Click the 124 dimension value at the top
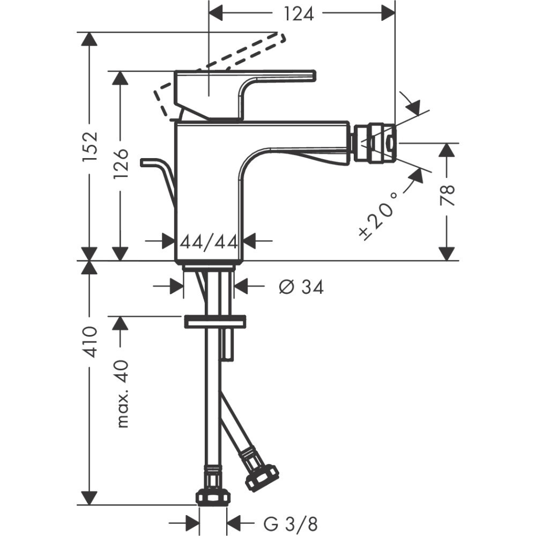pos(299,14)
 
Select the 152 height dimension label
pos(90,146)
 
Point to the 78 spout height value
pos(448,196)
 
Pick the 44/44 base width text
pos(209,242)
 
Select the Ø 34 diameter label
pos(301,288)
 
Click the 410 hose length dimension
pos(90,341)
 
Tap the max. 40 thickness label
pos(122,394)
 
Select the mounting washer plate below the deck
pos(214,322)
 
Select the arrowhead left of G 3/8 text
pos(192,522)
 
